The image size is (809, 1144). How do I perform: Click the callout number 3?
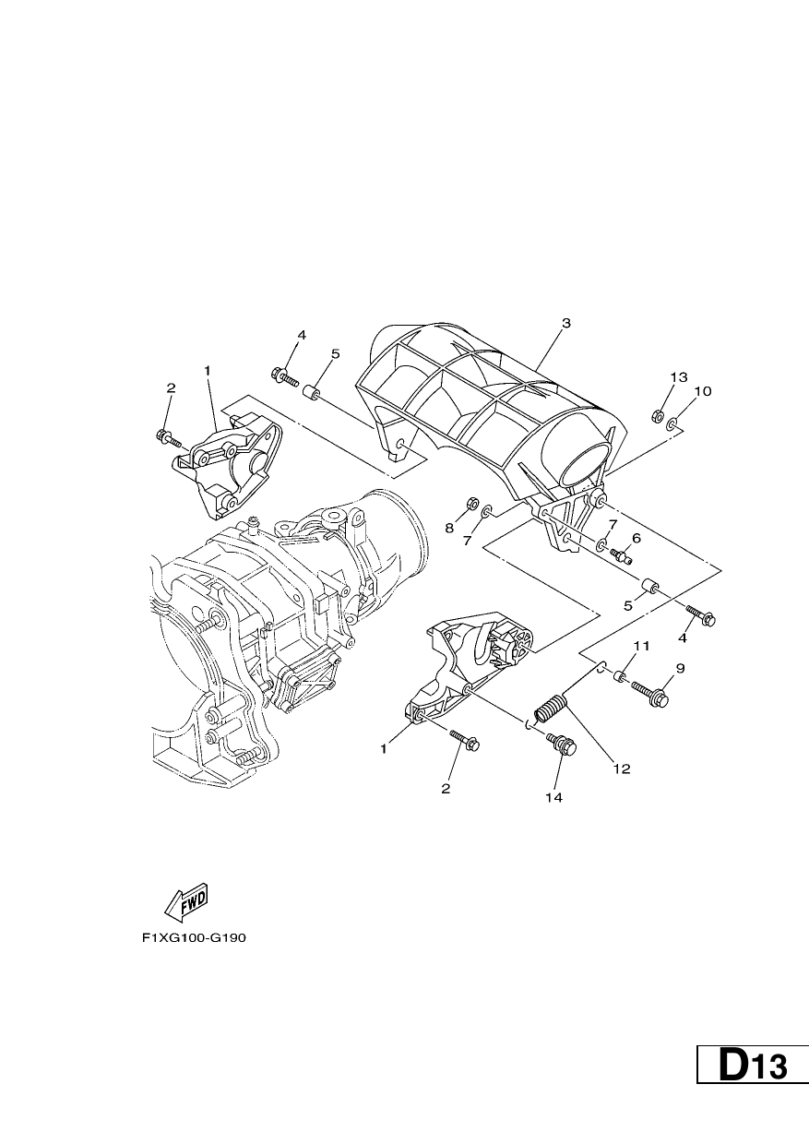click(565, 323)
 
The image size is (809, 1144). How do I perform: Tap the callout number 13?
click(679, 377)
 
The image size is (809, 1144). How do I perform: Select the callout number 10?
click(703, 391)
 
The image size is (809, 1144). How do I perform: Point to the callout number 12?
click(622, 783)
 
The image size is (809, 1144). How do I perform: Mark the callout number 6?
click(636, 538)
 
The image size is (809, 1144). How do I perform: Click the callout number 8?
click(449, 529)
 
